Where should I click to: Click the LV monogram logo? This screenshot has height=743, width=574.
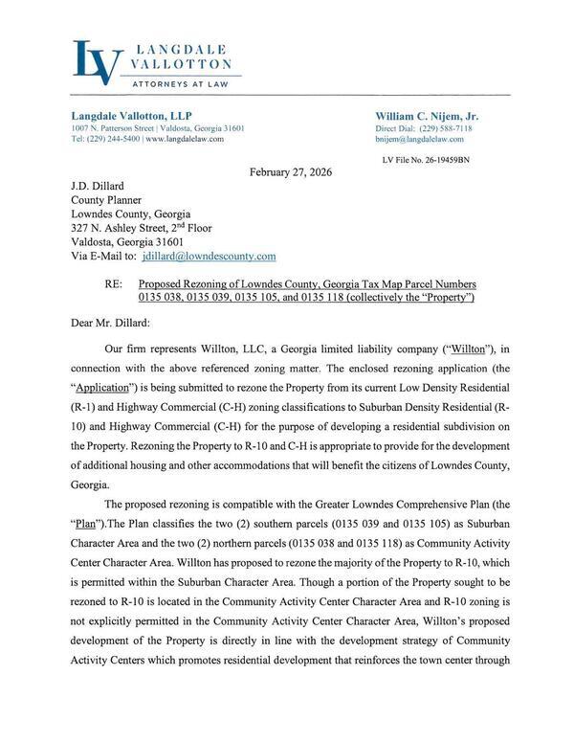tap(98, 61)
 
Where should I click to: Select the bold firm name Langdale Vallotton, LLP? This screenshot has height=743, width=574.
tap(132, 115)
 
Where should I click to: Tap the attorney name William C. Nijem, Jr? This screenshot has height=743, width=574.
tap(427, 115)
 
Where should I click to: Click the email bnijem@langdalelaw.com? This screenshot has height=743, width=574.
tap(419, 139)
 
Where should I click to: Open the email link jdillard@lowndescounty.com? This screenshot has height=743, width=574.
tap(209, 257)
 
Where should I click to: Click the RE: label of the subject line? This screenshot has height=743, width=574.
tap(114, 285)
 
